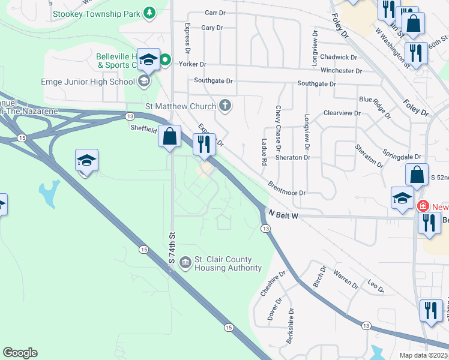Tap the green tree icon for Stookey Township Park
149,13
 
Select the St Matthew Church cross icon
225,106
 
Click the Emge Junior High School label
88,82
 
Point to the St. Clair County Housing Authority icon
185,261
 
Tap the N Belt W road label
285,214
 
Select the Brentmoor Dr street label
287,189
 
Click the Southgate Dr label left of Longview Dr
213,80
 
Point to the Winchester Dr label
341,70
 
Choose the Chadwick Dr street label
339,57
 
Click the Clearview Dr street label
342,113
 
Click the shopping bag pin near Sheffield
170,136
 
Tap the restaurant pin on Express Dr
205,144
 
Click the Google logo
20,353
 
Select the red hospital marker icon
424,206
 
